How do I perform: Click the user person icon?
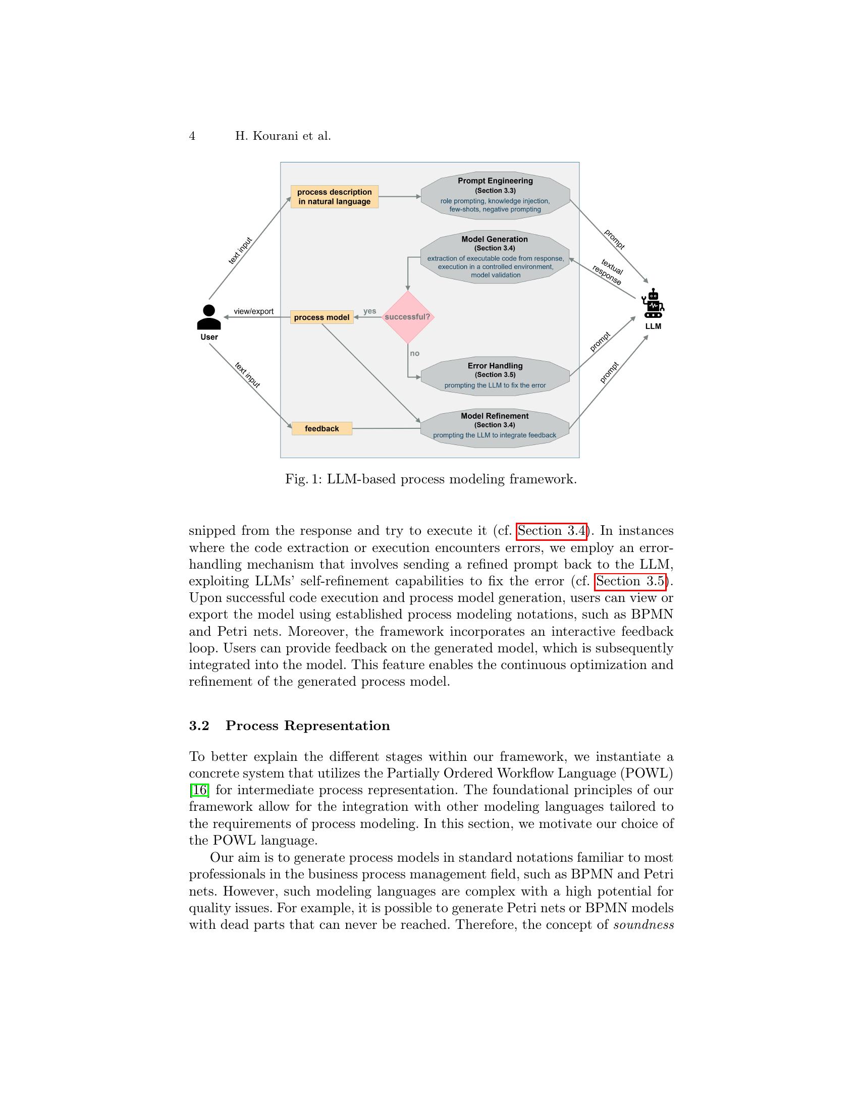click(209, 317)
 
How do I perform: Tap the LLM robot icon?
click(653, 303)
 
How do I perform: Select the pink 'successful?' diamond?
click(408, 317)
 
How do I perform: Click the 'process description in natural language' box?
click(335, 197)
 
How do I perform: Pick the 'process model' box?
click(322, 318)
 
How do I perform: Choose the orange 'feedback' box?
click(322, 428)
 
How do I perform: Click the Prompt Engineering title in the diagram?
click(495, 181)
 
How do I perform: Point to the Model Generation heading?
click(495, 239)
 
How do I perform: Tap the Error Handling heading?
click(495, 366)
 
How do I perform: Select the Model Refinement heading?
click(495, 416)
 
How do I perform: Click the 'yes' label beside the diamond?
click(369, 311)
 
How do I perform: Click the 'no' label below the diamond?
click(415, 353)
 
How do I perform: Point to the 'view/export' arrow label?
click(254, 311)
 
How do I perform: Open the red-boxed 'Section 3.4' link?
click(552, 531)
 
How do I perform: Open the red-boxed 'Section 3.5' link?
click(630, 581)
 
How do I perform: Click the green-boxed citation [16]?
click(199, 790)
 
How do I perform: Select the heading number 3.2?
click(199, 726)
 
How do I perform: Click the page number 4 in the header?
click(192, 136)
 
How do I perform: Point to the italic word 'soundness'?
click(644, 924)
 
